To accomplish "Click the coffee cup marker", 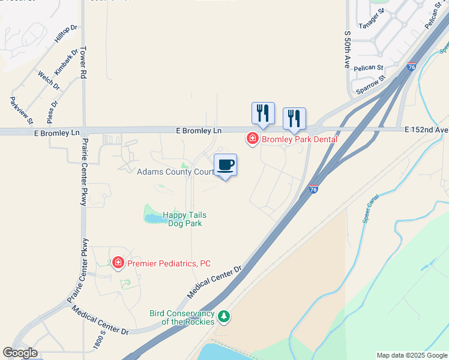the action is click(226, 165).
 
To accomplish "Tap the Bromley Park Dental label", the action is click(299, 139).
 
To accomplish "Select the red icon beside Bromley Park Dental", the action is click(253, 139).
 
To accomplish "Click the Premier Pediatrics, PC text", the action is click(168, 262).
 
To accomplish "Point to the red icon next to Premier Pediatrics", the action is click(118, 262).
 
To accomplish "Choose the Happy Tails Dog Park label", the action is click(185, 218).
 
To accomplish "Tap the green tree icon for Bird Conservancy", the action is click(224, 316).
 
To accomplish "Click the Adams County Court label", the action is click(175, 172).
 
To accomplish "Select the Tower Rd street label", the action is click(83, 63).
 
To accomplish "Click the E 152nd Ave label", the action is click(426, 129).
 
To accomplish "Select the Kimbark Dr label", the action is click(65, 62).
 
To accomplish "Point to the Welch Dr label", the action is click(49, 80).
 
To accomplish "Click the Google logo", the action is click(20, 353).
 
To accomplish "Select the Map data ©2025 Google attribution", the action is click(412, 355).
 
